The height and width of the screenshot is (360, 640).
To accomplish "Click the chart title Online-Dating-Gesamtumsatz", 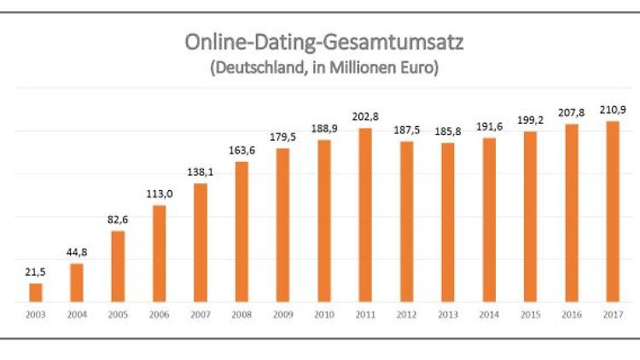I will click(x=324, y=42).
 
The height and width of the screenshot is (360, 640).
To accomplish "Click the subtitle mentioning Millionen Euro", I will click(x=324, y=68).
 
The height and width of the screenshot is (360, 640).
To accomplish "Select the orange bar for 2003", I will click(x=36, y=293).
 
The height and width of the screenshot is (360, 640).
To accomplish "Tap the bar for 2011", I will click(x=365, y=215).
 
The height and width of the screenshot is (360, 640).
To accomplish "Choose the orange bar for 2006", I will click(x=160, y=253).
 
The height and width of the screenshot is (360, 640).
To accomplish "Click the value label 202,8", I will click(x=365, y=116).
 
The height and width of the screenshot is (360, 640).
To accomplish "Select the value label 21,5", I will click(x=36, y=271).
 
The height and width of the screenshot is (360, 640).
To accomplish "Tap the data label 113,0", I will click(x=160, y=193).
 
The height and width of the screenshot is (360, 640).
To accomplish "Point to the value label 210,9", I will click(x=612, y=108).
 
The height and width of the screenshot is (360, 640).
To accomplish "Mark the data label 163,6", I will click(x=241, y=149).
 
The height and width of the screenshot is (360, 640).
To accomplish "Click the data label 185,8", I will click(x=447, y=131).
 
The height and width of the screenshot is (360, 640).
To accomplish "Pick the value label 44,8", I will click(x=77, y=252).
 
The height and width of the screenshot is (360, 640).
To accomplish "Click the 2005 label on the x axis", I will click(x=118, y=316).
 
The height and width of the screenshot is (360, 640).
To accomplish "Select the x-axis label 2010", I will click(x=323, y=316).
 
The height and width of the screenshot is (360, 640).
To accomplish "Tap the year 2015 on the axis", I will click(x=530, y=316).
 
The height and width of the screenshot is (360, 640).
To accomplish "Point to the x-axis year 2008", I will click(x=241, y=316).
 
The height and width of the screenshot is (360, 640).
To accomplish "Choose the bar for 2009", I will click(x=282, y=225).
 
